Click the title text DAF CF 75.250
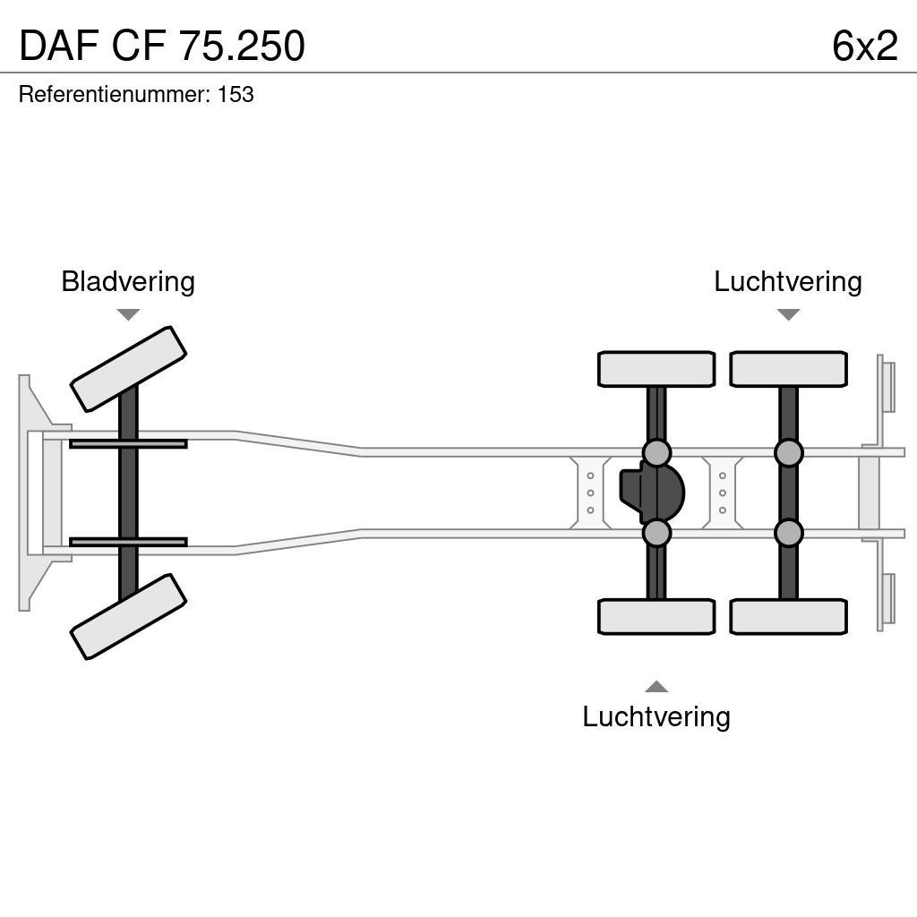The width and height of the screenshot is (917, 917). [162, 46]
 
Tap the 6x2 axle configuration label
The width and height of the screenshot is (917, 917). [864, 46]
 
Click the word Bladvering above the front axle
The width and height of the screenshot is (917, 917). [128, 281]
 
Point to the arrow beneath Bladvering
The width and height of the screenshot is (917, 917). [128, 314]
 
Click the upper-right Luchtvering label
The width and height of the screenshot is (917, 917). [787, 281]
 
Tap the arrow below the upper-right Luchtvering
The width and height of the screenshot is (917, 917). [788, 314]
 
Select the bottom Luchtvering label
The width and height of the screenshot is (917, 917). [656, 716]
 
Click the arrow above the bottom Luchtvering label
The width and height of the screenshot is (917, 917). [656, 687]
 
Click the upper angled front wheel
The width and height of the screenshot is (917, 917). [128, 369]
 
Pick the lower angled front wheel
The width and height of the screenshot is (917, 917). [128, 616]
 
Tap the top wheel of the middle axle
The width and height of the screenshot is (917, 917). [656, 369]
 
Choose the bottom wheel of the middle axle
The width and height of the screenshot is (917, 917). [656, 616]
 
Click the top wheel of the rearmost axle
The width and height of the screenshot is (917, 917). [788, 369]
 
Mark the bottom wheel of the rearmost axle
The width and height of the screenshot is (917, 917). [788, 616]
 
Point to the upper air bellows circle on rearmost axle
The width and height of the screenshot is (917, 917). [788, 453]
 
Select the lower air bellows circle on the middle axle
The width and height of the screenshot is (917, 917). [656, 533]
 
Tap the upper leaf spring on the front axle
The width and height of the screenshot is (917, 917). [128, 443]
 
